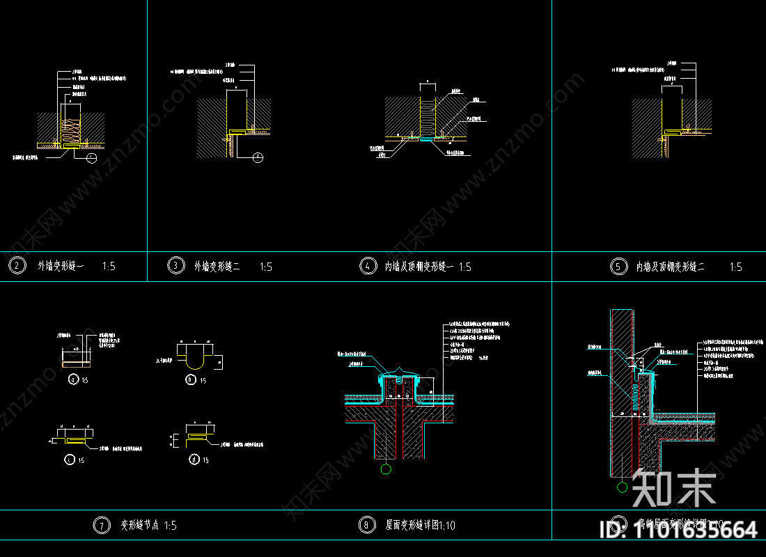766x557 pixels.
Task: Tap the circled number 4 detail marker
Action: click(366, 266)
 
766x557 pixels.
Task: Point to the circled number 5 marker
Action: click(618, 266)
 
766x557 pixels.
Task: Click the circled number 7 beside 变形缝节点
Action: click(101, 525)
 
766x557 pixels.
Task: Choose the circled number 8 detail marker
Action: click(366, 525)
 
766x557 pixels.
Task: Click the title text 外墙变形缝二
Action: click(217, 266)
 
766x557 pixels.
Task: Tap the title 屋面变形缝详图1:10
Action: click(420, 525)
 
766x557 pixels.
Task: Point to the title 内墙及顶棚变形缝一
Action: click(419, 266)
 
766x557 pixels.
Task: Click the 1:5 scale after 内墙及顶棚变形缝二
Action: click(735, 266)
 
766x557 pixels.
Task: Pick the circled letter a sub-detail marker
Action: click(74, 379)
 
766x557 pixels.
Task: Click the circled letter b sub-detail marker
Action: click(191, 379)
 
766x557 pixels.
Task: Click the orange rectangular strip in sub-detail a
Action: click(66, 363)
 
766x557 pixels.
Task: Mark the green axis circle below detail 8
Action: click(387, 469)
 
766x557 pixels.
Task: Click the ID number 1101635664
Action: click(678, 530)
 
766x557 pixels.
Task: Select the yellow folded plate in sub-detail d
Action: click(197, 437)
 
